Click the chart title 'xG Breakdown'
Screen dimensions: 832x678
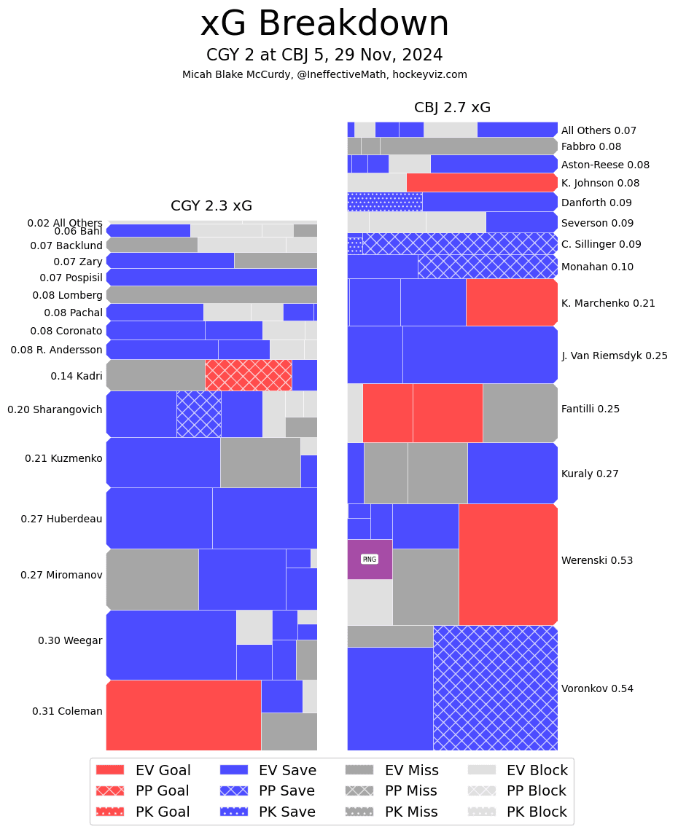(x=324, y=24)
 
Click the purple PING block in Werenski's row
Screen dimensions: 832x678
(x=370, y=559)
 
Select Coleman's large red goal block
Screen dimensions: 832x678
(x=184, y=715)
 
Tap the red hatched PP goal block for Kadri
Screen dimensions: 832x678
(x=248, y=374)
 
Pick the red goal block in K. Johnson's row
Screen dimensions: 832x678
(x=482, y=182)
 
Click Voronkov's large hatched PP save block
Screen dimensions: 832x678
(x=495, y=688)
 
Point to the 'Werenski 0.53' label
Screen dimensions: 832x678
(x=597, y=560)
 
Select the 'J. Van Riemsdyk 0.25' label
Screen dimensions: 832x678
(x=614, y=356)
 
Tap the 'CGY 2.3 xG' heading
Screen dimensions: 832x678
(x=211, y=205)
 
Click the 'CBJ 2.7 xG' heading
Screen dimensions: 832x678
(x=452, y=107)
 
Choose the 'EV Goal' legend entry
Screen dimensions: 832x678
(x=163, y=770)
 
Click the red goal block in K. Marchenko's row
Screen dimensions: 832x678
(x=511, y=302)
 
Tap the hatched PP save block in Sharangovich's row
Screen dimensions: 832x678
(x=198, y=414)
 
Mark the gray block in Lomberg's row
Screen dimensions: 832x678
(x=211, y=294)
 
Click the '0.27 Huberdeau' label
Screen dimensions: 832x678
(x=61, y=519)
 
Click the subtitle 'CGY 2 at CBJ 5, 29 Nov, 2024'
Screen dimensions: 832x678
(x=324, y=55)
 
